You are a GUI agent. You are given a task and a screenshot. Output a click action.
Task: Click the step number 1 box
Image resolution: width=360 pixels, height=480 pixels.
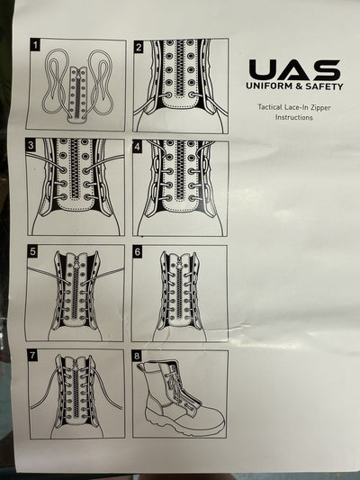34,44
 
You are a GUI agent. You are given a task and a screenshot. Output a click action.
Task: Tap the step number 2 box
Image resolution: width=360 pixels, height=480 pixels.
139,47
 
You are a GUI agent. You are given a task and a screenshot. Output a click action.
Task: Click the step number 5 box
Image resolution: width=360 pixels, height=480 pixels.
34,251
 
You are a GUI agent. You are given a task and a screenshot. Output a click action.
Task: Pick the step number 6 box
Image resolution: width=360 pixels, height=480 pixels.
139,252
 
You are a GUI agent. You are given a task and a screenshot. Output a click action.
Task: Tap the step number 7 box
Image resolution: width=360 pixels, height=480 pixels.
34,356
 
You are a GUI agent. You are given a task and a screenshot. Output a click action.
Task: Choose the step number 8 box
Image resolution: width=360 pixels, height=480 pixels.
139,357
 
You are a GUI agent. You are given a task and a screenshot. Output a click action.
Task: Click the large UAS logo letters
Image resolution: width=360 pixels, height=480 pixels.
294,69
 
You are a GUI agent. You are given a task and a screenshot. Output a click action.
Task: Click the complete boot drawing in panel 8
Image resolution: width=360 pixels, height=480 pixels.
180,394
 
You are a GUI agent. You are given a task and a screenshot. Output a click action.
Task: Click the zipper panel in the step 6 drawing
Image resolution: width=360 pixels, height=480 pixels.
179,288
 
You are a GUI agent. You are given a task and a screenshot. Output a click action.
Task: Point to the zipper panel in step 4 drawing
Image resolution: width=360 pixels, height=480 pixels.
179,176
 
